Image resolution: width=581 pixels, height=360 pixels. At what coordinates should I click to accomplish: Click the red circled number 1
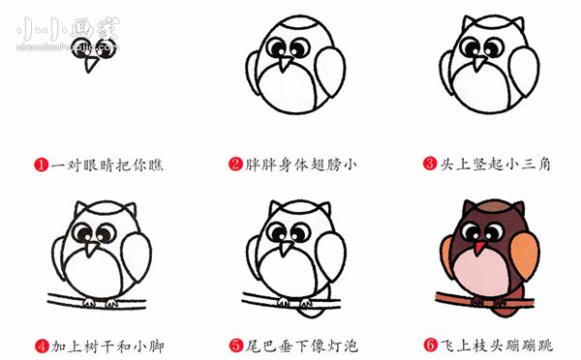[42, 165]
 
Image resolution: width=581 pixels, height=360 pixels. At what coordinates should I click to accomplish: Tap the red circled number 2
[235, 165]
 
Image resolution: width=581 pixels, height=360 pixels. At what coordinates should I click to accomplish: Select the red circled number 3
[429, 165]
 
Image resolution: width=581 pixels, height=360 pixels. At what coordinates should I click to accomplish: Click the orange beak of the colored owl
[479, 248]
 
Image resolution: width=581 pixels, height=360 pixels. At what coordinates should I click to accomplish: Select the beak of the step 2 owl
[287, 64]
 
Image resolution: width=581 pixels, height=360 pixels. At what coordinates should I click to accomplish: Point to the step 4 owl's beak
[94, 249]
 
